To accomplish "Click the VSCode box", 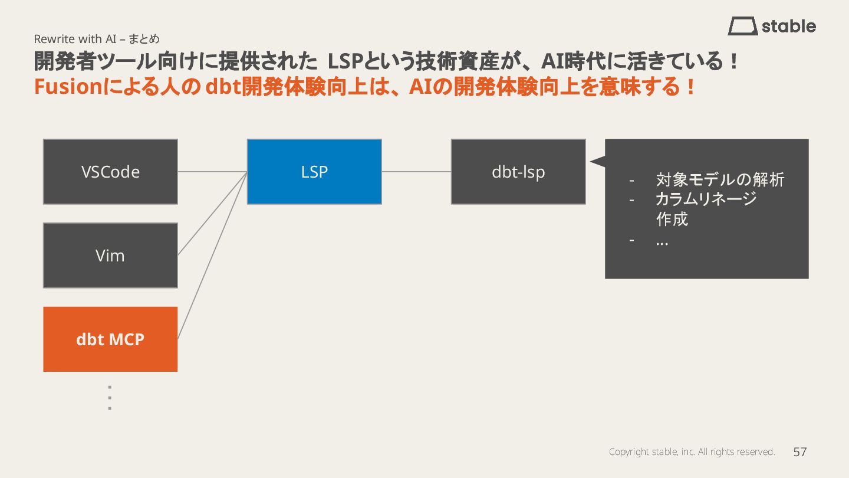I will (x=110, y=172).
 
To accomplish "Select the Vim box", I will (x=110, y=256).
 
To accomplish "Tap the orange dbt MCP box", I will (x=110, y=339).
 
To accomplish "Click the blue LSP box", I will (x=314, y=172).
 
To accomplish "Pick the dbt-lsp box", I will (x=518, y=172).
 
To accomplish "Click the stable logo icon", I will (x=742, y=27).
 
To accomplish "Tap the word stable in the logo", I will (x=789, y=27).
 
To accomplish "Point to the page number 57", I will (x=799, y=452).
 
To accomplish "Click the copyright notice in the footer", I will (x=692, y=452).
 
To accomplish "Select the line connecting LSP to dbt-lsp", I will (x=416, y=172).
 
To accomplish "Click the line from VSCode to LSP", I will (x=212, y=172).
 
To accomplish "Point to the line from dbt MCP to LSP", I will (x=212, y=254).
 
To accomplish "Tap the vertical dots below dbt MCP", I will (x=110, y=398).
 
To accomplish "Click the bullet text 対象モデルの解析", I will (x=720, y=179).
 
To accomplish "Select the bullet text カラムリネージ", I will (x=706, y=199).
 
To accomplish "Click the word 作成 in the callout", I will (x=672, y=220).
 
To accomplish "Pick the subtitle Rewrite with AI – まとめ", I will (x=97, y=39).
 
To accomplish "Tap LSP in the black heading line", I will (x=344, y=61).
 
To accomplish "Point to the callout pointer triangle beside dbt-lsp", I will (x=597, y=161).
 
